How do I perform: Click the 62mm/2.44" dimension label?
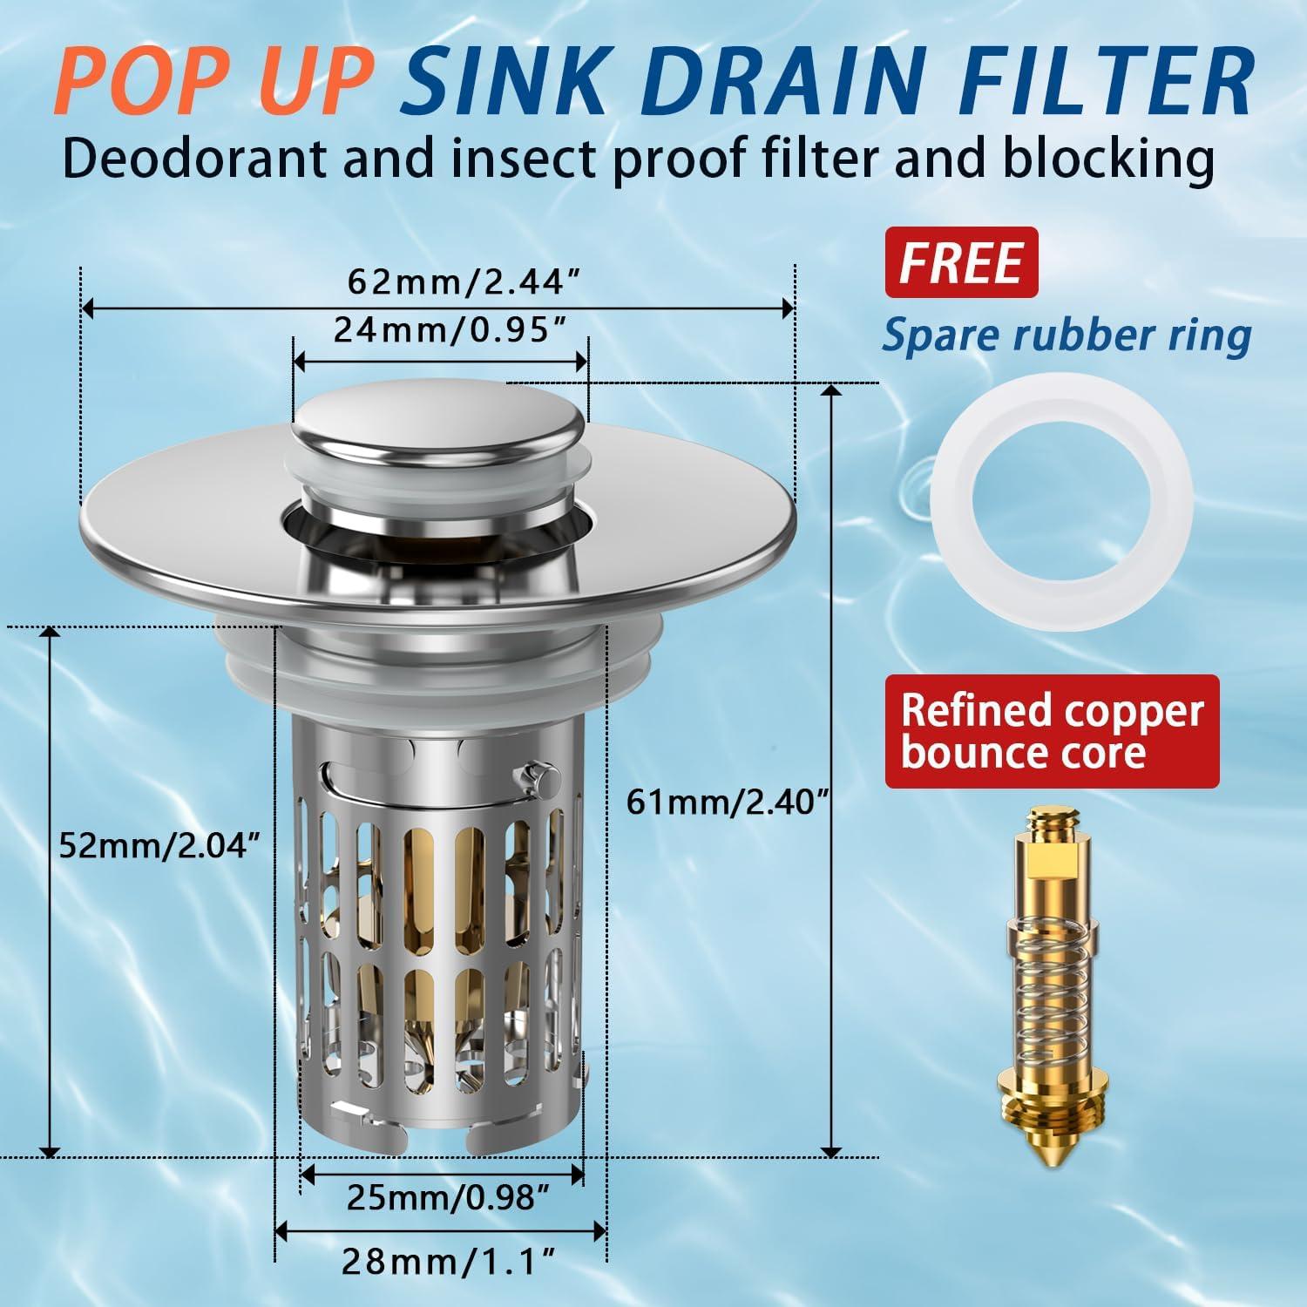[464, 282]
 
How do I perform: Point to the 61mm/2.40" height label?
[726, 801]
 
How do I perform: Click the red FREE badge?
[961, 262]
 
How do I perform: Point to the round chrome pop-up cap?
[438, 425]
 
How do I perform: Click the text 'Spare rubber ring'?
[1066, 335]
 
